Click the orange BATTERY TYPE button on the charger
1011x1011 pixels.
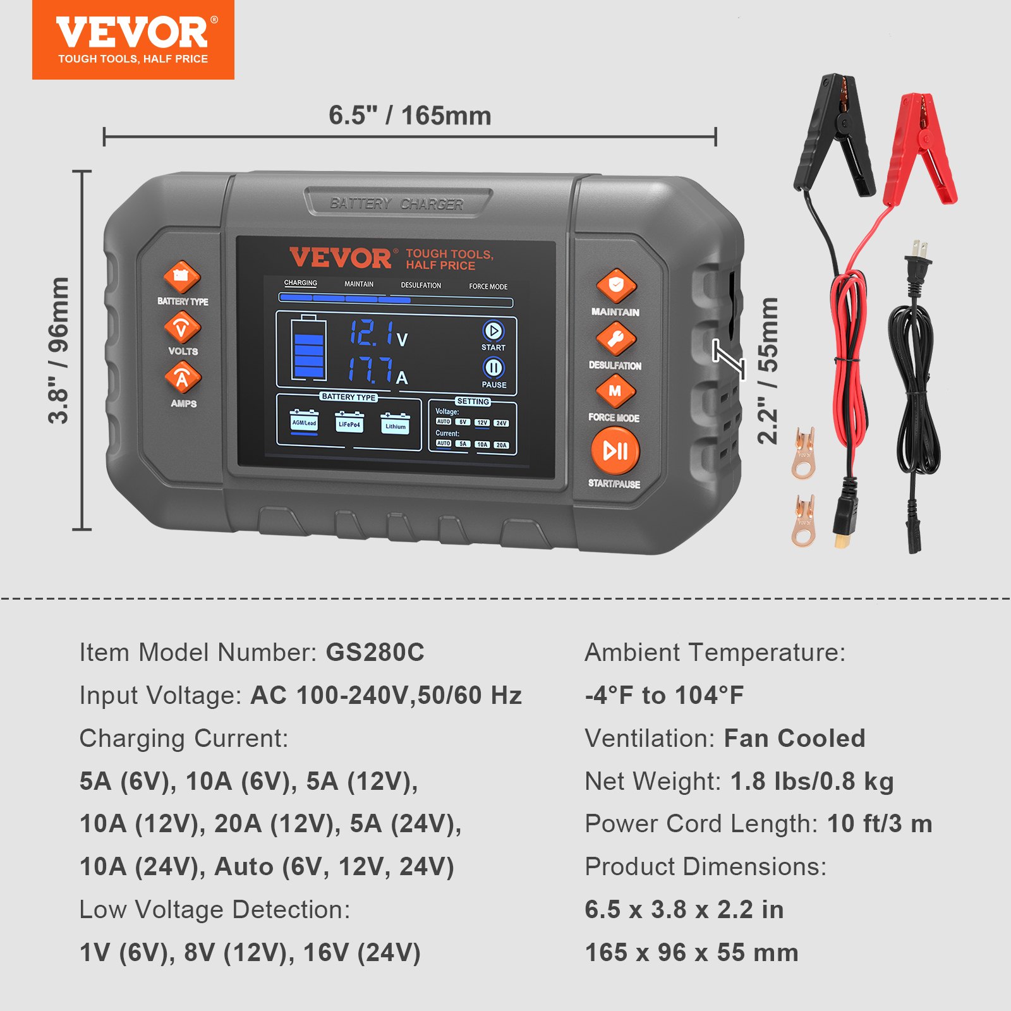tap(182, 277)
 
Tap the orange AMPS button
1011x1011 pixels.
tap(183, 377)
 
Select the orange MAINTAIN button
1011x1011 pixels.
tap(616, 286)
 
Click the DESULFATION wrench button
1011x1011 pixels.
tap(615, 339)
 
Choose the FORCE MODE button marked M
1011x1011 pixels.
tap(615, 391)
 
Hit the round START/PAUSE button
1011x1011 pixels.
tap(615, 451)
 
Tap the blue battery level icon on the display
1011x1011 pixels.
tap(308, 348)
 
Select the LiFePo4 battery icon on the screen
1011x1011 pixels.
tap(349, 423)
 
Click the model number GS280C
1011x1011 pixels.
tap(375, 652)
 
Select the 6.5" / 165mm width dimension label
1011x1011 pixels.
tap(409, 116)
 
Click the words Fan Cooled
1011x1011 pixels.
tap(794, 738)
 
